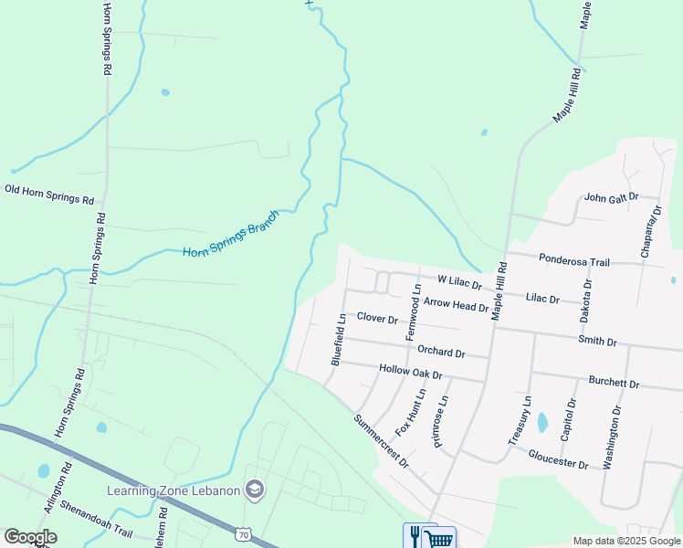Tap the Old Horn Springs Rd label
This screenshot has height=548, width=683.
pyautogui.click(x=49, y=194)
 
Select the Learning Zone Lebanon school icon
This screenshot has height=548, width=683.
pyautogui.click(x=255, y=490)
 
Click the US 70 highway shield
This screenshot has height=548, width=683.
pyautogui.click(x=241, y=532)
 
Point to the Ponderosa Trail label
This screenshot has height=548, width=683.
pyautogui.click(x=573, y=261)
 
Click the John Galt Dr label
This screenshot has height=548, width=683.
pyautogui.click(x=610, y=196)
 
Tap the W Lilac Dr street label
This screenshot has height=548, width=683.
pyautogui.click(x=459, y=282)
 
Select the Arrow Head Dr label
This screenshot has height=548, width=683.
pyautogui.click(x=456, y=305)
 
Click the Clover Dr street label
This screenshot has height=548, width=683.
pyautogui.click(x=377, y=318)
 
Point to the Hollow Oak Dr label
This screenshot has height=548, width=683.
pyautogui.click(x=410, y=373)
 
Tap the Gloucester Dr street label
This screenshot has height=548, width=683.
pyautogui.click(x=558, y=463)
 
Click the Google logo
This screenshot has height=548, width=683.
pyautogui.click(x=30, y=537)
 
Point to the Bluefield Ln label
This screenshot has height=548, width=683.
pyautogui.click(x=338, y=340)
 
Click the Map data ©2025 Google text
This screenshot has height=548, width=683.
pyautogui.click(x=625, y=541)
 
